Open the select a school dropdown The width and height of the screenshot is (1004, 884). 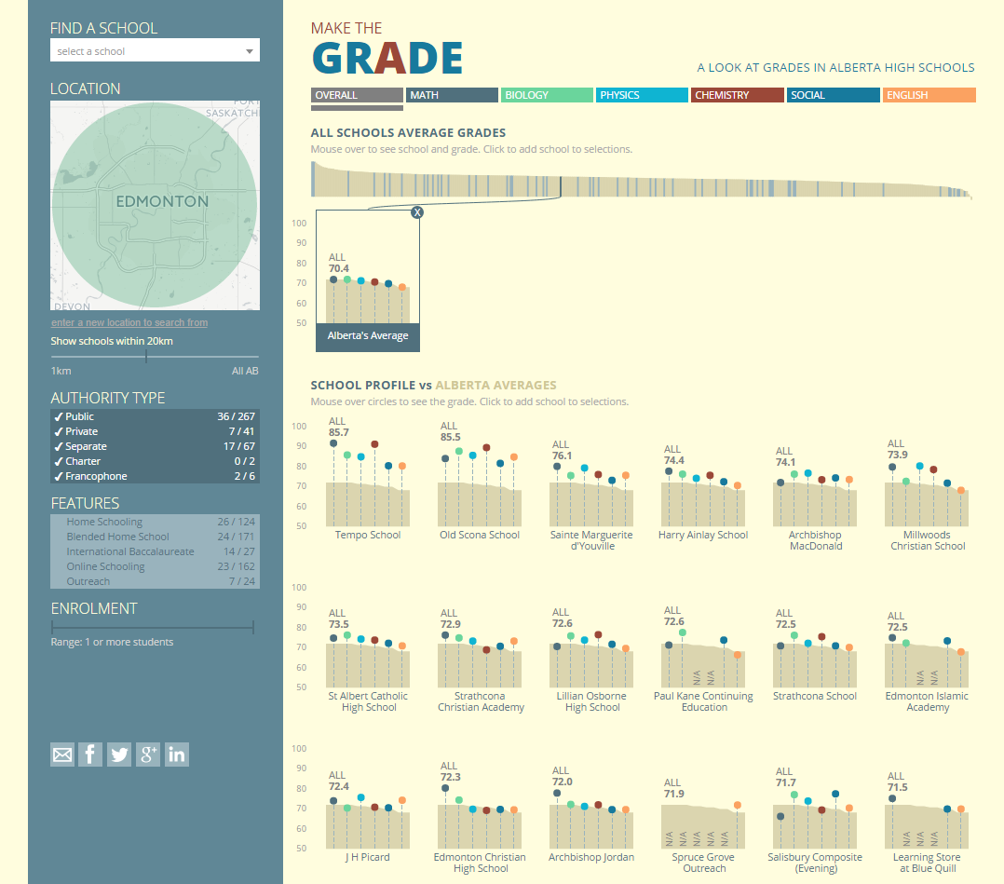(155, 51)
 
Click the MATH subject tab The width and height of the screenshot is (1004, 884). (452, 95)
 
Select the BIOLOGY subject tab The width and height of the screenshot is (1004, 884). (547, 95)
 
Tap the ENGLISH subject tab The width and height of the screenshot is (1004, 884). (929, 95)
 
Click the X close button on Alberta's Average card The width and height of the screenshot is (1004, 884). (417, 212)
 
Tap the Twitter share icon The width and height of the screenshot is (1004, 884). (119, 755)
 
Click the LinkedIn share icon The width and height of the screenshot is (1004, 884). (177, 755)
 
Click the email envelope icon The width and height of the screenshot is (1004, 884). (62, 755)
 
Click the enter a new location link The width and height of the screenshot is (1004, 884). (129, 322)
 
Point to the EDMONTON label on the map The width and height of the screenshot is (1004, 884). (162, 201)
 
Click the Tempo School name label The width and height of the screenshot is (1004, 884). (368, 535)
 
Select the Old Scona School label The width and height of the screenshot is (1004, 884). (481, 535)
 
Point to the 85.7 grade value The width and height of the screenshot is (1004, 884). (339, 432)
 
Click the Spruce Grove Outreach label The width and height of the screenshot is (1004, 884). (704, 863)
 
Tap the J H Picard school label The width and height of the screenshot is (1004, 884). (368, 857)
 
